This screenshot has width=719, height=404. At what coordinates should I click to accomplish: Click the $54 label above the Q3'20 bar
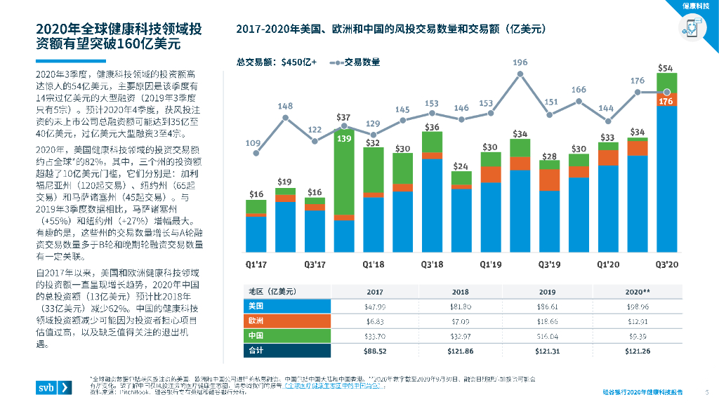click(x=666, y=68)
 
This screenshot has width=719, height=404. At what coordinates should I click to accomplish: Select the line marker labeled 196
click(x=520, y=74)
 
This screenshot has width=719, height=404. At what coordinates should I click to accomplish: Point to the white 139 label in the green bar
click(x=344, y=139)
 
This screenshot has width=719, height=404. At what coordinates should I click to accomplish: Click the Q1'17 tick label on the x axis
click(x=256, y=265)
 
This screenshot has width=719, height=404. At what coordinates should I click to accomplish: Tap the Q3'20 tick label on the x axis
click(x=666, y=265)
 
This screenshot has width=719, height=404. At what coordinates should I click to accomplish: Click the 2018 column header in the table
click(x=460, y=292)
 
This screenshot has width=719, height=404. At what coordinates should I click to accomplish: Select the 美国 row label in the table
click(x=256, y=307)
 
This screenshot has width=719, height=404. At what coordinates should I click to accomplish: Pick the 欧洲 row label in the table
click(x=256, y=321)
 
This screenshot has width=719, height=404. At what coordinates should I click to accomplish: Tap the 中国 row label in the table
click(x=256, y=335)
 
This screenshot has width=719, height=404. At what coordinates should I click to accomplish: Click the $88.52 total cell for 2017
click(x=375, y=350)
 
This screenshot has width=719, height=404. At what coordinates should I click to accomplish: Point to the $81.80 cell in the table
click(x=460, y=307)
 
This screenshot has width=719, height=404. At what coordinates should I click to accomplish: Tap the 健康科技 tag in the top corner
click(x=696, y=6)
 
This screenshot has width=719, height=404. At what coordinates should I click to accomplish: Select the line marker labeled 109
click(x=257, y=154)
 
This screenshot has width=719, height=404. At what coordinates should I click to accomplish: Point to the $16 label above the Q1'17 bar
click(x=256, y=194)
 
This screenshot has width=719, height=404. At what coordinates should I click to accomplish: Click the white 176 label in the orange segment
click(x=666, y=102)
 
